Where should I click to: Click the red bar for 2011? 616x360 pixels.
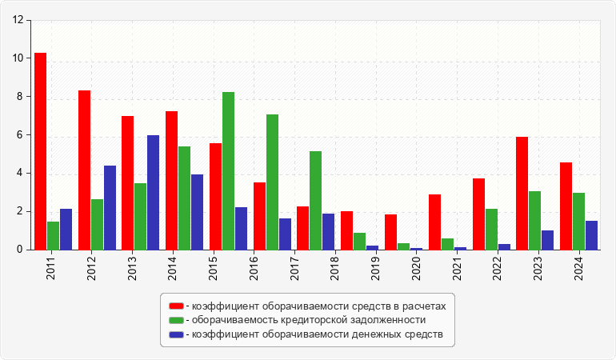40,151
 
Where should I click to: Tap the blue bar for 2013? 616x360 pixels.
153,192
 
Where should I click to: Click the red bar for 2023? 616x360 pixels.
522,193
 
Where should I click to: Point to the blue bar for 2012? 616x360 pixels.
110,207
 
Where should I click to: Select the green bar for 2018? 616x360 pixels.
315,200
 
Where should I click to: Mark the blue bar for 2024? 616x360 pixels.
591,235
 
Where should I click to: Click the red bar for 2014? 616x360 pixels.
171,180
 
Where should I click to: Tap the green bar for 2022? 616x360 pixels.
491,229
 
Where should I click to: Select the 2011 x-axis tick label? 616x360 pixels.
51,263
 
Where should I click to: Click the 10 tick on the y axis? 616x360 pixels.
18,58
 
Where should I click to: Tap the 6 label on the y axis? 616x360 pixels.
20,135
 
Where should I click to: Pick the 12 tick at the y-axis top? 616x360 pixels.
18,20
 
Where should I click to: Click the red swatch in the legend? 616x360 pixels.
176,306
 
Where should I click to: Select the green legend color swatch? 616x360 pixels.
176,320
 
